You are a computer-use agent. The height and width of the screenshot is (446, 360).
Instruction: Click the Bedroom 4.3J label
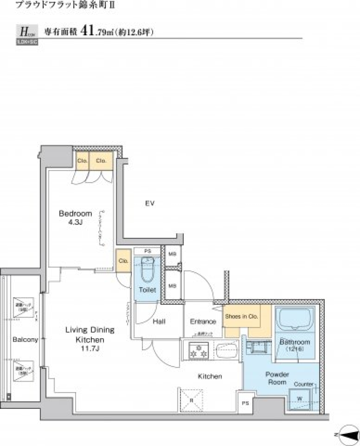point(75,217)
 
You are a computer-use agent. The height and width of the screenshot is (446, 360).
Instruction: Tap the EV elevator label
point(150,203)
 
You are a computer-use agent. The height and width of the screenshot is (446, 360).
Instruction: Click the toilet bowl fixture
point(147,271)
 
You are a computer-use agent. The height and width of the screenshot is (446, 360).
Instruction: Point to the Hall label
point(159,321)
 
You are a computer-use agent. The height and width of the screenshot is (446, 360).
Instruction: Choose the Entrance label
point(203,321)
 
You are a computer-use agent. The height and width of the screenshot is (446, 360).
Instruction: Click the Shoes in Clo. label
point(241,316)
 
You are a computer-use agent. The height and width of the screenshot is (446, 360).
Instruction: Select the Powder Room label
point(277,378)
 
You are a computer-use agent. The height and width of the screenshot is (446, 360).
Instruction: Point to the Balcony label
point(25,340)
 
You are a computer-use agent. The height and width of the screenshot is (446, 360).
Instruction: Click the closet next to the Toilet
point(122,261)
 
